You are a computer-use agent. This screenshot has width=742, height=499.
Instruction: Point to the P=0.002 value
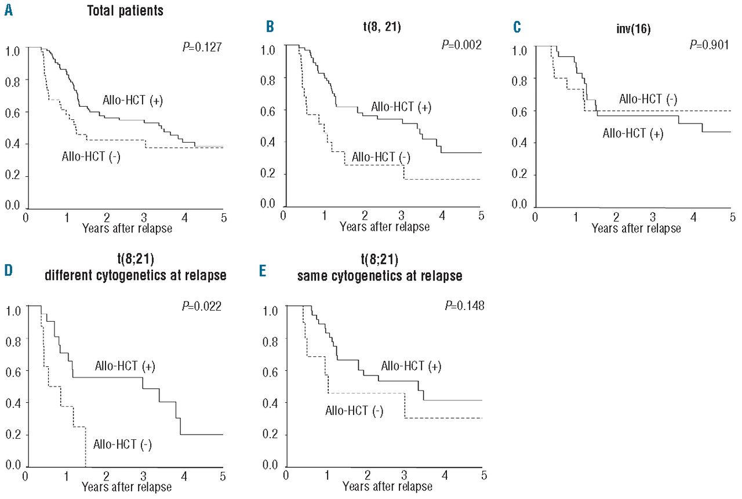click(460, 46)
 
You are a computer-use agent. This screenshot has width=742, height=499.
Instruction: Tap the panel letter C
click(517, 27)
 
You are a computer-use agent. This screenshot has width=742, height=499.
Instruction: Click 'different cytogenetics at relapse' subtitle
click(135, 276)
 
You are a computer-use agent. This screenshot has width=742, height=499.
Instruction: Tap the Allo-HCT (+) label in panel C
click(633, 134)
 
